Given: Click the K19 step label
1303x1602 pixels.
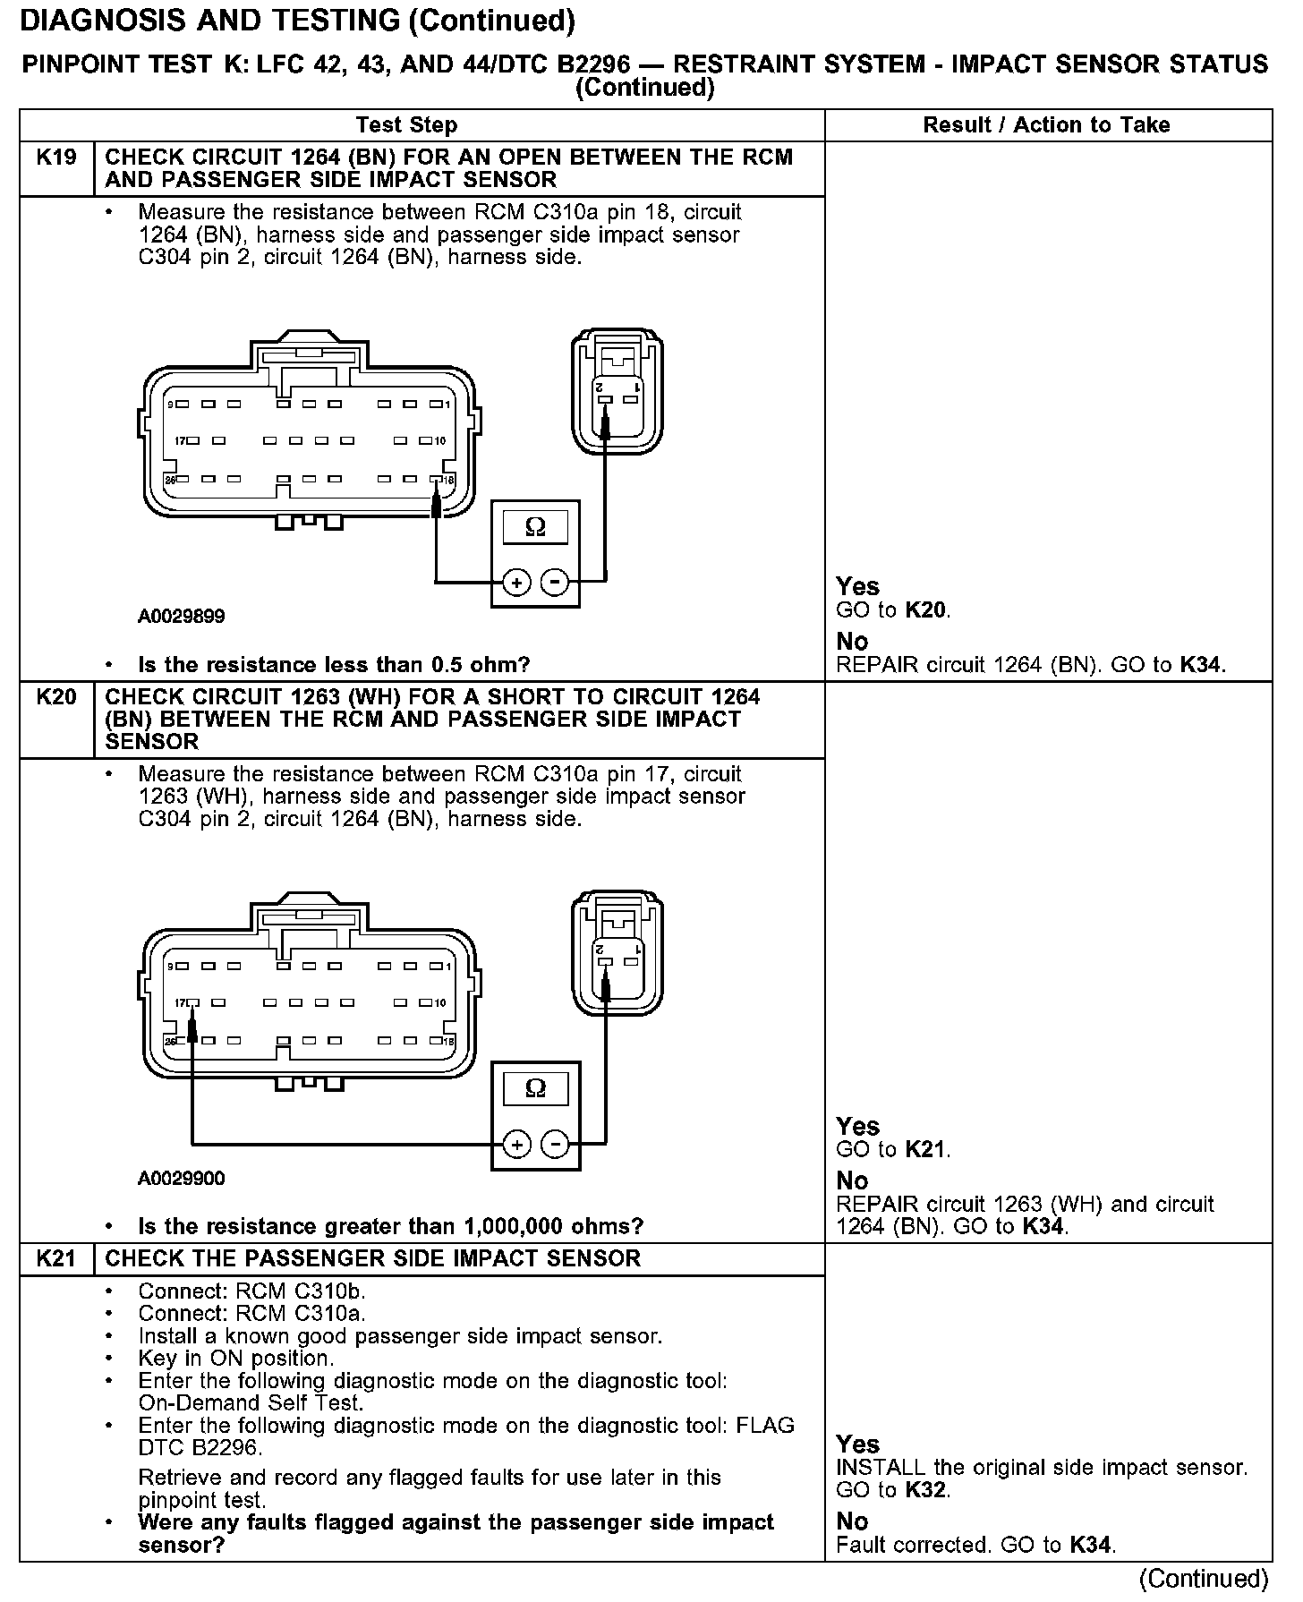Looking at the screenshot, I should point(56,158).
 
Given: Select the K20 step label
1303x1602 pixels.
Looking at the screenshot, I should point(56,697).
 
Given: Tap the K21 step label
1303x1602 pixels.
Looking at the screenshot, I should point(56,1258).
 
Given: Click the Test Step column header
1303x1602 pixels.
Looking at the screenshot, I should point(406,125).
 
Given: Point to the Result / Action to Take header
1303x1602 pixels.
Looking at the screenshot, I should point(1046,125).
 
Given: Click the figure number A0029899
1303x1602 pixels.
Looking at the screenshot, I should point(182,617).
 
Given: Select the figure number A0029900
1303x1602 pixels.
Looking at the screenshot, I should point(182,1179).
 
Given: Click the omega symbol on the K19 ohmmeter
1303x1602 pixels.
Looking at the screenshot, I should point(535,526).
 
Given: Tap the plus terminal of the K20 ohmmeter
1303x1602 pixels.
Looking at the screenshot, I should point(516,1145).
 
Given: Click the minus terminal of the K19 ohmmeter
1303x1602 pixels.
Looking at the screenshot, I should point(556,583).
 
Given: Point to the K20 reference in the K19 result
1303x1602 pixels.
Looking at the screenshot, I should point(926,610).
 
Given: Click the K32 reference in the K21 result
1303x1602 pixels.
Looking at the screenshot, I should point(926,1490).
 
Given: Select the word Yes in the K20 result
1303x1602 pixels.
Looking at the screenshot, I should point(857,1126).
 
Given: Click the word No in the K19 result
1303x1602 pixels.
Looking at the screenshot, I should point(852,641).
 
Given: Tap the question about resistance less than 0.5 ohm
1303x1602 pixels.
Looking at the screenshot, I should point(334,665).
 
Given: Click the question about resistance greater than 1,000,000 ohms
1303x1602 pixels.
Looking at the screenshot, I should point(390,1226).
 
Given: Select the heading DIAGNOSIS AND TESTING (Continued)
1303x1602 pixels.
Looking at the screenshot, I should point(297,21).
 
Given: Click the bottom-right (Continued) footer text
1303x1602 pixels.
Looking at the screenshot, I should point(1204,1579).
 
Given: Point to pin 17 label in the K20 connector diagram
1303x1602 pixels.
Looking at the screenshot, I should point(181,1002).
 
